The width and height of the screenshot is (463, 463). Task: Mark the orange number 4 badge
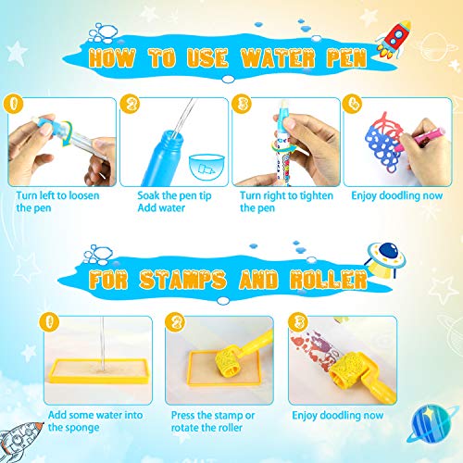[x=353, y=102]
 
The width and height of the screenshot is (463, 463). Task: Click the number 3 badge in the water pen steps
[x=242, y=102]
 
